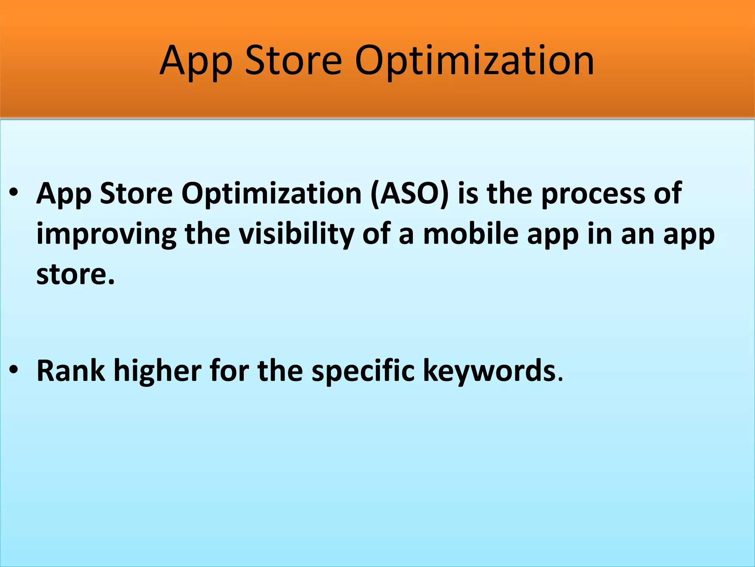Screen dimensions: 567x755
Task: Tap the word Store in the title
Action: click(x=293, y=61)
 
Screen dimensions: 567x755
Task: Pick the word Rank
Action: click(x=70, y=371)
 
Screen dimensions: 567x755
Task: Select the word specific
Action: click(x=363, y=371)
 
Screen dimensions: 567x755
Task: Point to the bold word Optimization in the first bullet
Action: click(x=271, y=193)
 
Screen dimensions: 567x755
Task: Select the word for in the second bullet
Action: click(x=229, y=371)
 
